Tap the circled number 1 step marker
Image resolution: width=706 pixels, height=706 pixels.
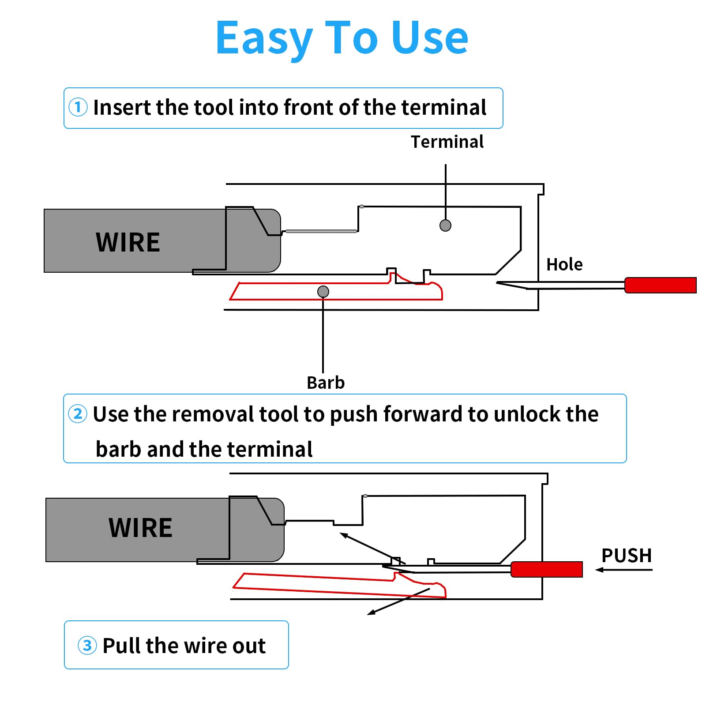[78, 107]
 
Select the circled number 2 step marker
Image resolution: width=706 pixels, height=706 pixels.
[78, 414]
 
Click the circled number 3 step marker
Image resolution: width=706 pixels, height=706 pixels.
[87, 646]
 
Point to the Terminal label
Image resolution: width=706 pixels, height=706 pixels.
[447, 142]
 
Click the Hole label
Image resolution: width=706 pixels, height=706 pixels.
[564, 265]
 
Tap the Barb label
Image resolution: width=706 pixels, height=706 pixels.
[326, 383]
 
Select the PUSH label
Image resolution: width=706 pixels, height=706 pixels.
[627, 556]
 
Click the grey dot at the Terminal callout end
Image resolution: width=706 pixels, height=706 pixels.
[446, 225]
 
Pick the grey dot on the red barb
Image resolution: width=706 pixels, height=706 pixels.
[323, 292]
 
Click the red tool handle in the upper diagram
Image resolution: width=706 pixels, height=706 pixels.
[660, 285]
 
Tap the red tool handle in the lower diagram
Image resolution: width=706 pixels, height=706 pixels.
[547, 569]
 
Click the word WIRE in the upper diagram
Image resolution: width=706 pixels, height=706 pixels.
[128, 242]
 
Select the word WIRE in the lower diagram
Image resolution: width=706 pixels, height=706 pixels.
[140, 528]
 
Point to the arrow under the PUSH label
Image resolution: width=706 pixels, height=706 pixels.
[623, 570]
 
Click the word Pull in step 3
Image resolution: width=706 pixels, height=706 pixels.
[121, 646]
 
